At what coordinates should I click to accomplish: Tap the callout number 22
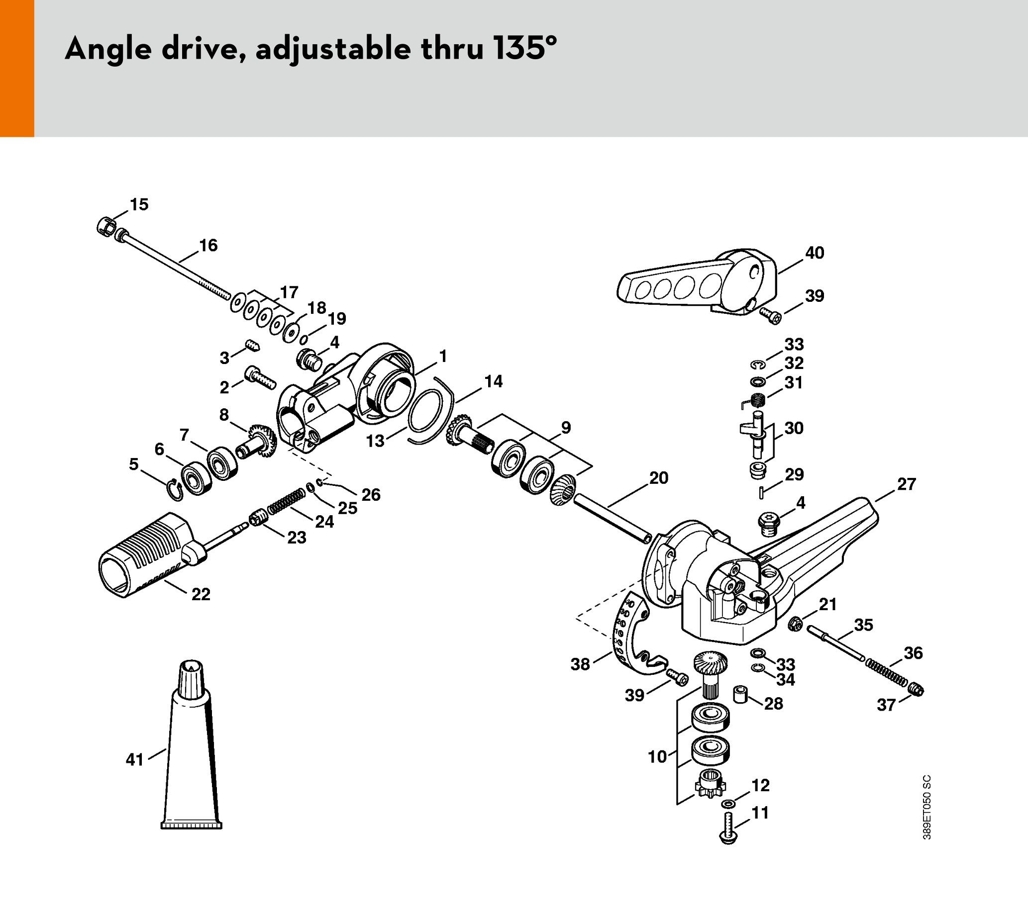201,594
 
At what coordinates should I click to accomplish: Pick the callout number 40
815,253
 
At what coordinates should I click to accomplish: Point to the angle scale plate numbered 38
628,639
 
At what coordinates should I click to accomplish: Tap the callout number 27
906,484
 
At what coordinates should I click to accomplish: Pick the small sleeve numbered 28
740,694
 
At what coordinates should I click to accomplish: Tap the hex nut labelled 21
795,624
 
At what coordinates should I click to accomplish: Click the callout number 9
566,428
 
